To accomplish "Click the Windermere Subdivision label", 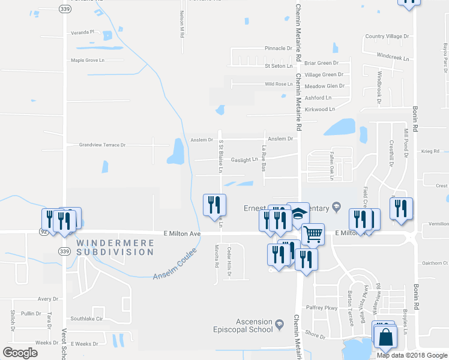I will click(x=115, y=247).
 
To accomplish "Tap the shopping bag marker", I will click(x=385, y=338).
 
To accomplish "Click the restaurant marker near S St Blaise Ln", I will click(x=214, y=205).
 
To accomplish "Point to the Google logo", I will click(x=20, y=353).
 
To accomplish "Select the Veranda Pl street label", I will click(x=83, y=31).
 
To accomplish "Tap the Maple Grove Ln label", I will click(x=88, y=60).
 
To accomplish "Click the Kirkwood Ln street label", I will click(x=319, y=109).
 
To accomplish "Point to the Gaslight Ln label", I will click(x=244, y=160).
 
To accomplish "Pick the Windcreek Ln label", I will click(x=393, y=59).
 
